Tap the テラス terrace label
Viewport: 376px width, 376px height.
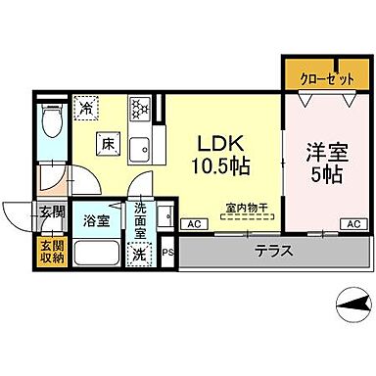pos(275,251)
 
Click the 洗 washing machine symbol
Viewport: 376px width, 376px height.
pos(140,253)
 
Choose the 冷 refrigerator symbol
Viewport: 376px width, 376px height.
pos(87,109)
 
